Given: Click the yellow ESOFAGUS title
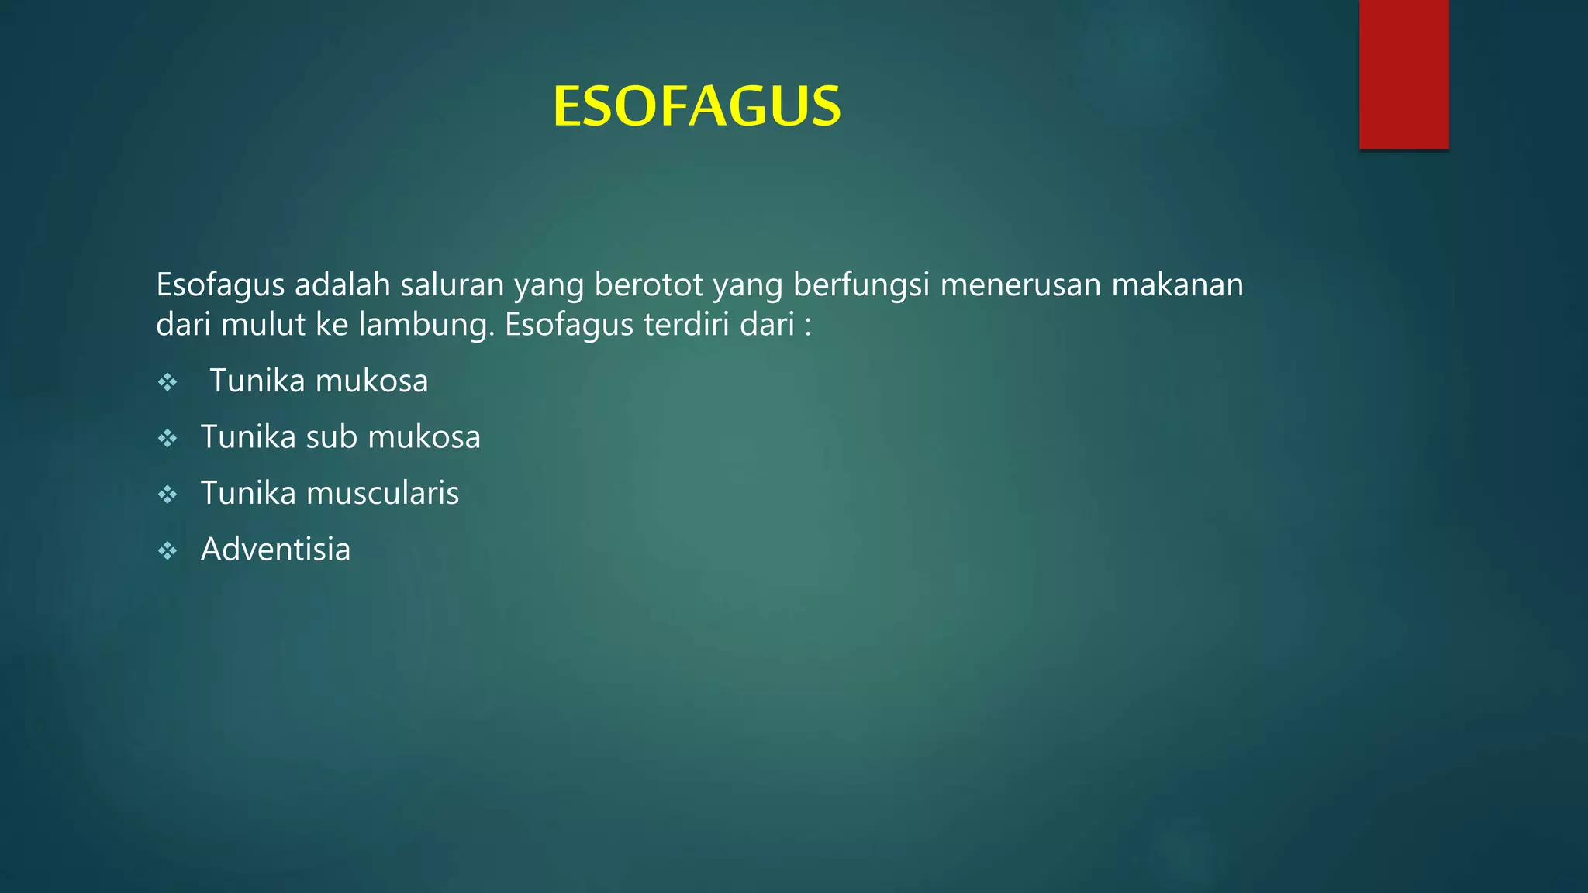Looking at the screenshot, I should [x=696, y=106].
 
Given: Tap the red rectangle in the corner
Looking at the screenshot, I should [x=1403, y=74].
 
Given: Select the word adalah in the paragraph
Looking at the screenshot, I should [x=342, y=285].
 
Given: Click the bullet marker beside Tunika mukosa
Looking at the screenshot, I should [x=167, y=382].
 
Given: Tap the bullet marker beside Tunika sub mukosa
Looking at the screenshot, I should [x=167, y=439].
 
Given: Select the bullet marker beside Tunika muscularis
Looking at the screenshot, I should [x=167, y=495].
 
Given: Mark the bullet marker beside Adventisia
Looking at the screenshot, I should [x=167, y=551].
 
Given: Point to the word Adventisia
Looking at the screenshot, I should [x=275, y=550].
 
